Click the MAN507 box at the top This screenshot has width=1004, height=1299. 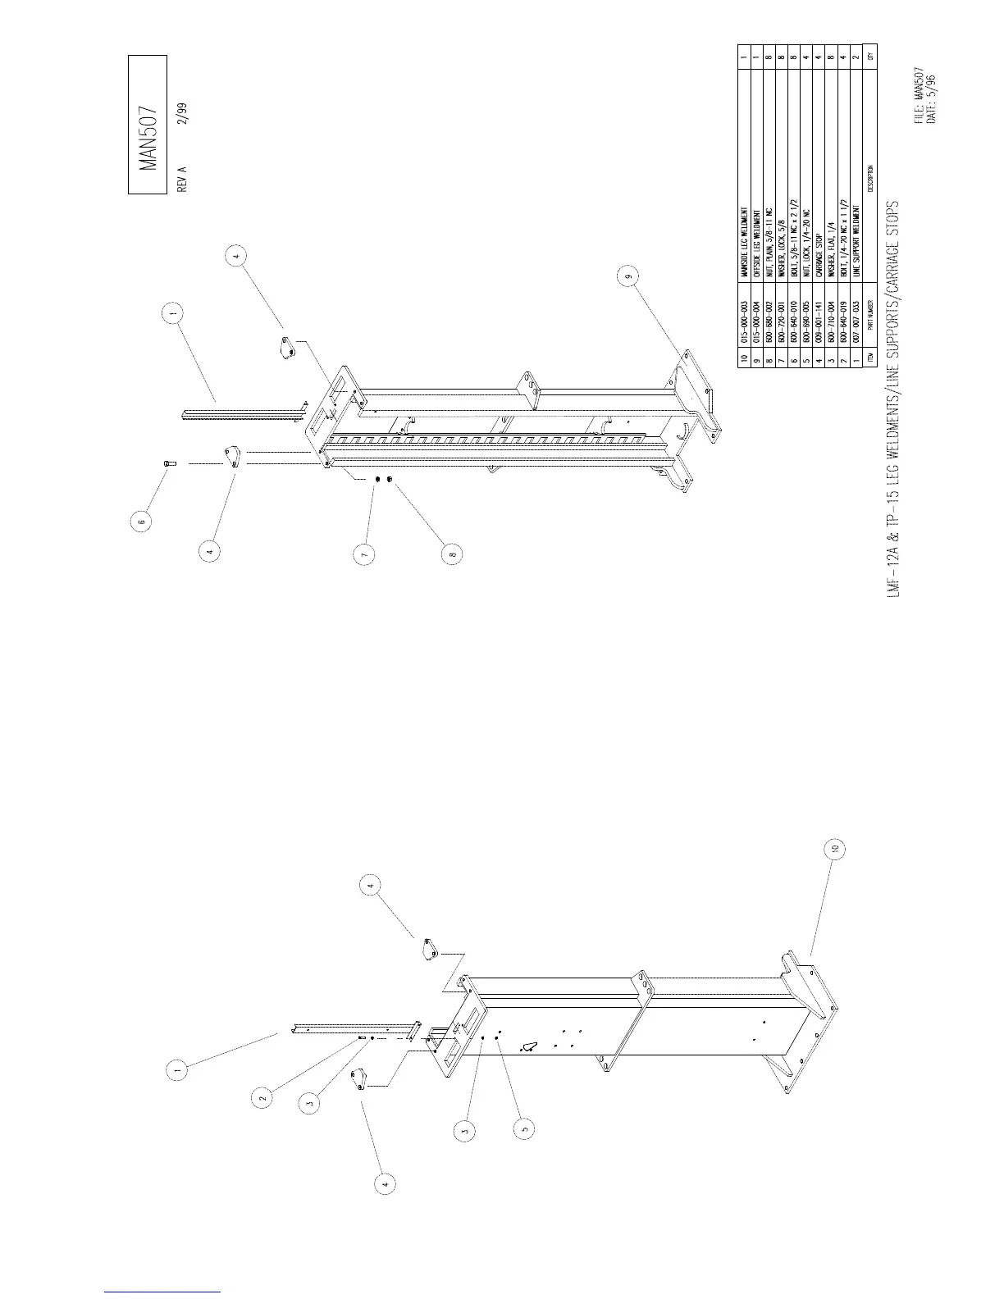tap(148, 125)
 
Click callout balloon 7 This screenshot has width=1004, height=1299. tap(366, 555)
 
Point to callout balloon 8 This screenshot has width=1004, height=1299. tap(452, 555)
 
